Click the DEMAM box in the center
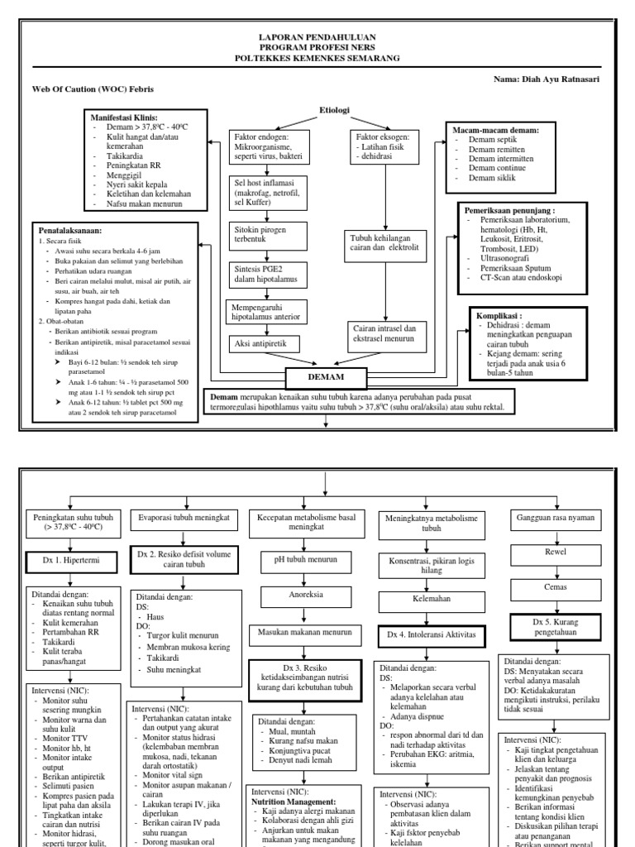click(327, 378)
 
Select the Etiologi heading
click(335, 110)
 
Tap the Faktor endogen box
click(268, 146)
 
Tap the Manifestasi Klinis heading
click(125, 118)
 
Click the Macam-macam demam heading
click(497, 131)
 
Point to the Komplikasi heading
click(499, 316)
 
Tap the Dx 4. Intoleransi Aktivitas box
click(432, 635)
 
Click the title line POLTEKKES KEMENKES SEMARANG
click(318, 59)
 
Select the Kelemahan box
click(432, 596)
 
